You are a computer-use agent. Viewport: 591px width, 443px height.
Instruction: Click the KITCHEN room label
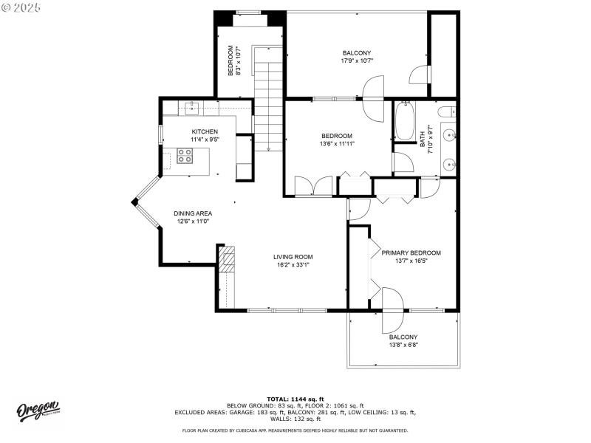[205, 131]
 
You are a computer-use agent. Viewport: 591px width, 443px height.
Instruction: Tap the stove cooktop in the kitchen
[185, 156]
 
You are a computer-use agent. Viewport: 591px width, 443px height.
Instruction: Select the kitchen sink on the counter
[191, 109]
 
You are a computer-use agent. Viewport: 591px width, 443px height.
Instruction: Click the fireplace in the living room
[227, 260]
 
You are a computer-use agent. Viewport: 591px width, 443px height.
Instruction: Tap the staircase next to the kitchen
[268, 103]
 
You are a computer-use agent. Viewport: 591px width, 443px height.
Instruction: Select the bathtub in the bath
[405, 122]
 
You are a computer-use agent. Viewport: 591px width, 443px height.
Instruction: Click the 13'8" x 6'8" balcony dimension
[403, 344]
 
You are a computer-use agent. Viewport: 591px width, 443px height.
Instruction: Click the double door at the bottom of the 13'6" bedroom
[309, 185]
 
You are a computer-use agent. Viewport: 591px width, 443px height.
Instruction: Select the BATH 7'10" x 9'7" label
[426, 140]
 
